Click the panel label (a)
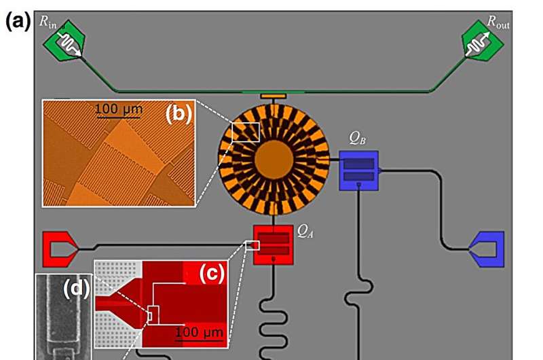pos(17,21)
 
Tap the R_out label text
pos(500,22)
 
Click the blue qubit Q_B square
pos(358,170)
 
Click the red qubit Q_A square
pos(273,245)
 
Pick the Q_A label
pos(306,230)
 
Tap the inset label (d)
pos(76,289)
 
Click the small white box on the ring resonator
pos(246,132)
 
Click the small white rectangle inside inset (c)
pos(153,315)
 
